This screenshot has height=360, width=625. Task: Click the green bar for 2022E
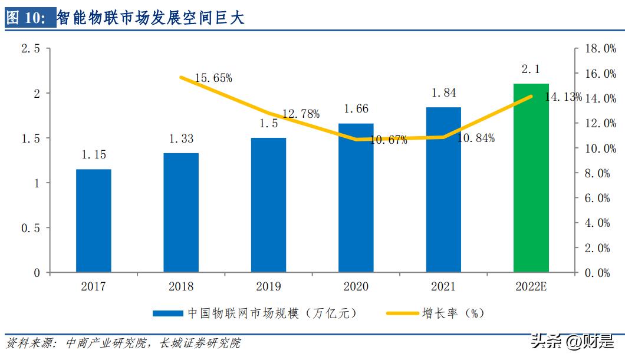(x=531, y=178)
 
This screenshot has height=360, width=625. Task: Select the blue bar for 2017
(x=93, y=221)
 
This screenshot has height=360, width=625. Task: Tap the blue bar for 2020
(x=356, y=198)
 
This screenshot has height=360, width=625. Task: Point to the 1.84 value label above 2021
(x=443, y=93)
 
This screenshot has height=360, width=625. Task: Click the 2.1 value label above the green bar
(x=531, y=70)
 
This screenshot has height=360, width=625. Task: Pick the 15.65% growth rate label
(x=213, y=78)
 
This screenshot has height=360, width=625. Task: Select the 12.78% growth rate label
(x=301, y=114)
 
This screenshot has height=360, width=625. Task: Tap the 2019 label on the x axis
(x=268, y=286)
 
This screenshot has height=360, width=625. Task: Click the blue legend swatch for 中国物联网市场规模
(x=167, y=313)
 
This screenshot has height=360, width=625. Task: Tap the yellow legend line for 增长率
(x=401, y=313)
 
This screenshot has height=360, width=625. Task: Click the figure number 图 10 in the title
(x=26, y=18)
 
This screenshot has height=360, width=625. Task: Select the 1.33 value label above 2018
(x=181, y=139)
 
